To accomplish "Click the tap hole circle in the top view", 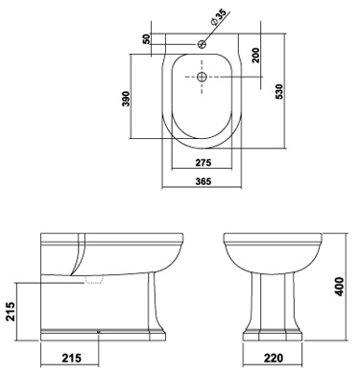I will coord(202,43).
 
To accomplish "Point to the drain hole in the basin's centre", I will coord(202,77).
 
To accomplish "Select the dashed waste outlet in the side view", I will coord(93,281).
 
